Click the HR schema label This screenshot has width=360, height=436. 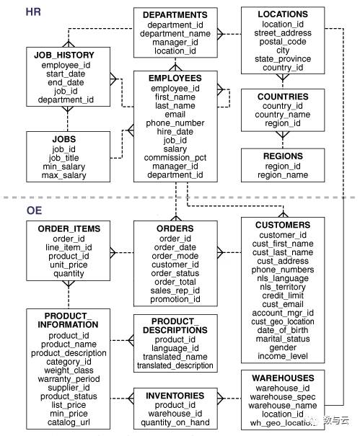point(33,12)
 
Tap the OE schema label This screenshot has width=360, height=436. point(34,210)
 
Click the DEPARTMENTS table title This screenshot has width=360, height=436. point(175,14)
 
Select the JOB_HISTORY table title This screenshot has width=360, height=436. point(64,55)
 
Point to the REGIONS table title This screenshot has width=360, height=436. point(283,156)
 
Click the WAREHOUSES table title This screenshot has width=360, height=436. point(283,378)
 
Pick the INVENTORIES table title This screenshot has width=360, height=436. point(175,396)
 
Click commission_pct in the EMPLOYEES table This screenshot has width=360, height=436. point(175,158)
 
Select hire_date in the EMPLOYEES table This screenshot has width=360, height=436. point(175,132)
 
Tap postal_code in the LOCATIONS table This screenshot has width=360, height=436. point(283,42)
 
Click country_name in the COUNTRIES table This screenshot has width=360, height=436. point(283,115)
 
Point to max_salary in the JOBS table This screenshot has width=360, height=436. point(63,175)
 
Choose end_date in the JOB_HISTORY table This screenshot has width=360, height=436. point(66,82)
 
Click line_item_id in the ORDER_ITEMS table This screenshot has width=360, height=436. point(69,247)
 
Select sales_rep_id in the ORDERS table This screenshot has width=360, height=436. point(175,290)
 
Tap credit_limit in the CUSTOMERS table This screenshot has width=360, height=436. point(283,295)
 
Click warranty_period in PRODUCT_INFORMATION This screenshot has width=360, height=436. point(69,379)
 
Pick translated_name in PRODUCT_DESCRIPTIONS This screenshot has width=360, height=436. point(175,357)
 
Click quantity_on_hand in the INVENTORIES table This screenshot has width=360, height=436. point(175,422)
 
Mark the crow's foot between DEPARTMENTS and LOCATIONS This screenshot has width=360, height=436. point(220,34)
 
